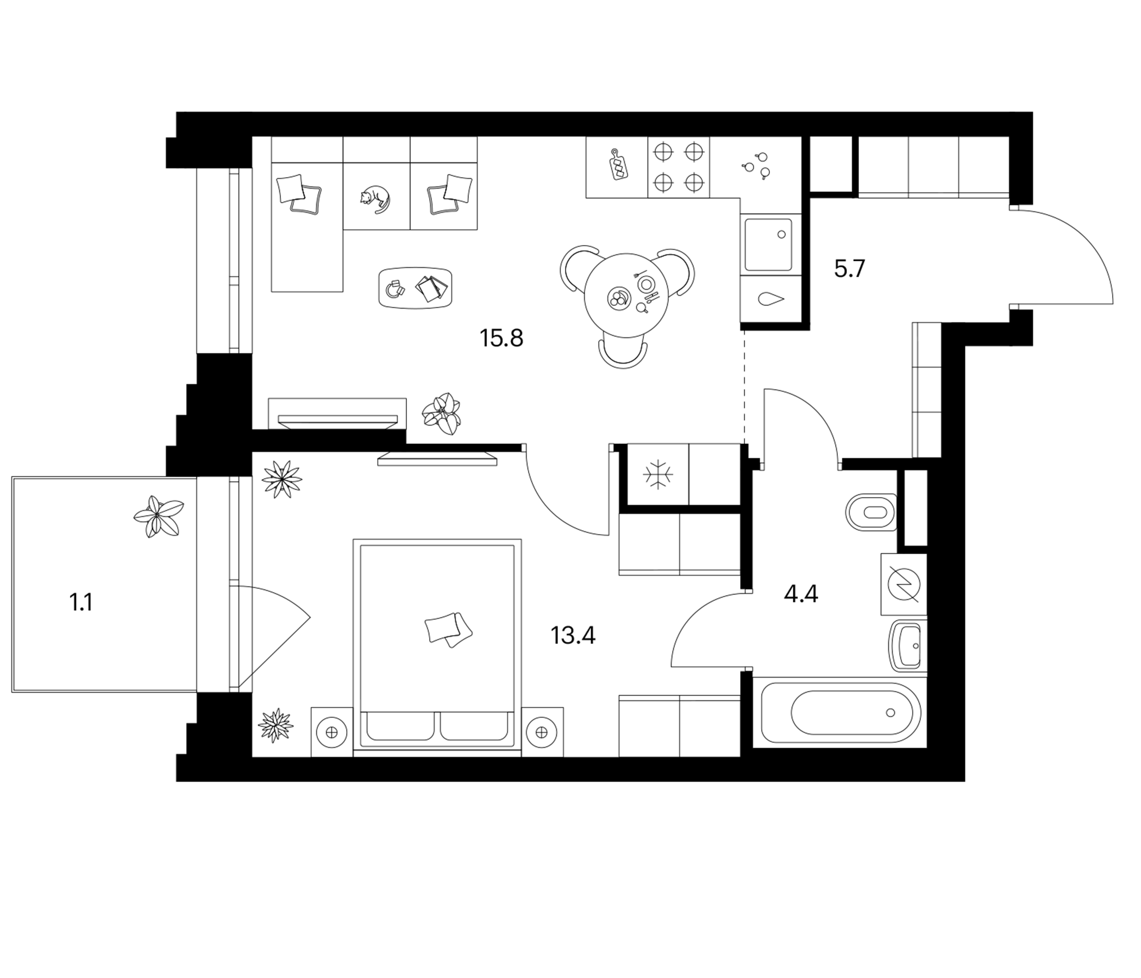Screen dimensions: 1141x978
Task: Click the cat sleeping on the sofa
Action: point(374,198)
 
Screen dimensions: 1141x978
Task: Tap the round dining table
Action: point(626,296)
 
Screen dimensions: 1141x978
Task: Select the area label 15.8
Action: point(501,338)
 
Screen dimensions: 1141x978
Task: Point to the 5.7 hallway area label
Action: point(850,269)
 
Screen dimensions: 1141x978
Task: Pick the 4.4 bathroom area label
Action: point(801,595)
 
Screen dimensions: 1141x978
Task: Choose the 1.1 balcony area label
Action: point(81,603)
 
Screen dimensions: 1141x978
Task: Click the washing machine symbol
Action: point(904,584)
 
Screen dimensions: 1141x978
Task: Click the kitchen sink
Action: point(769,244)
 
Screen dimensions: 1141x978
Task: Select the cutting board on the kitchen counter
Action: point(618,164)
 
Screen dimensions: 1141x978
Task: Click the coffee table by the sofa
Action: point(416,287)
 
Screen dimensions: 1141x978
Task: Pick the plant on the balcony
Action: point(159,516)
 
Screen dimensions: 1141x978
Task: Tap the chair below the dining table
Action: point(623,354)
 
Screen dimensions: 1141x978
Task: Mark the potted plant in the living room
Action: point(441,414)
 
